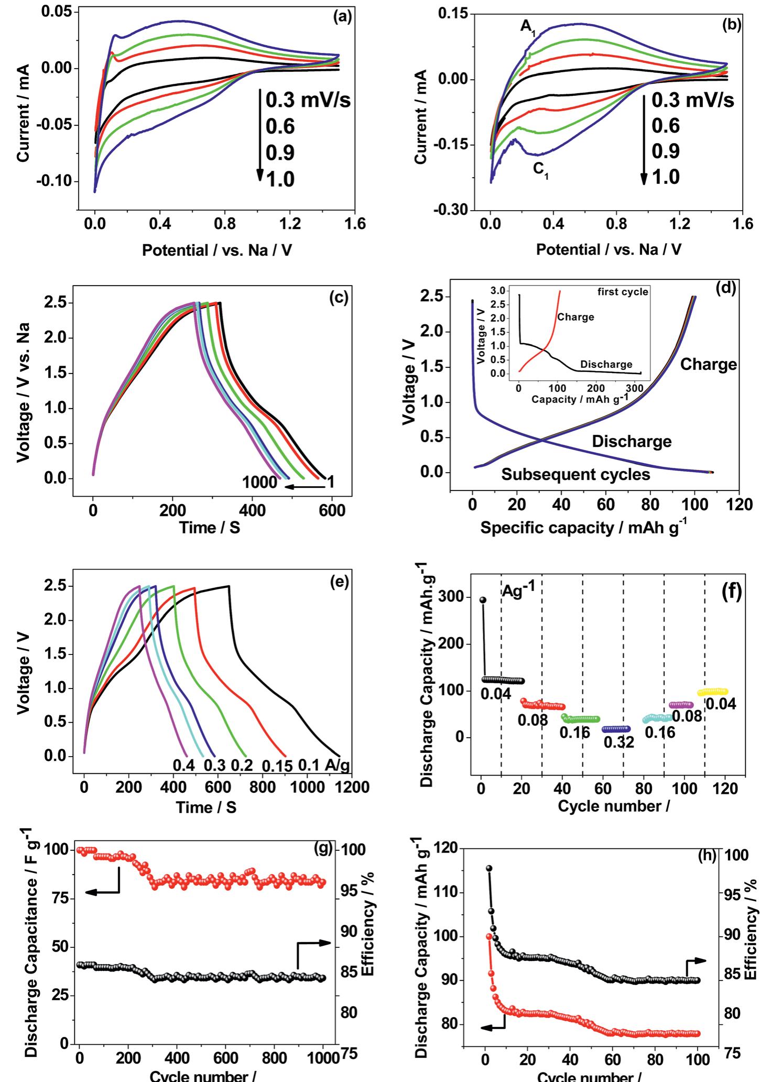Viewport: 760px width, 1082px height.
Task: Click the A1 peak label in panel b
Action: click(x=528, y=27)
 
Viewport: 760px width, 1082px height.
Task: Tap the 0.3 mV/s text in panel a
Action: click(x=308, y=100)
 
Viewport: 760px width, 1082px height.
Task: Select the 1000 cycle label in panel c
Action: click(x=259, y=482)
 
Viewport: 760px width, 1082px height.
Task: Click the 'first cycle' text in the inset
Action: click(x=623, y=291)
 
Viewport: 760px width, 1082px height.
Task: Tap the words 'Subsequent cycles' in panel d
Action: click(x=576, y=474)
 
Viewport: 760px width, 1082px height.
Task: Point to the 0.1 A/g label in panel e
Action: click(x=324, y=766)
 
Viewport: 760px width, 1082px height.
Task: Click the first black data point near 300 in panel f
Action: click(x=483, y=600)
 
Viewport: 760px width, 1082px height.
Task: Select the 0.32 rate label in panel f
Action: click(x=618, y=742)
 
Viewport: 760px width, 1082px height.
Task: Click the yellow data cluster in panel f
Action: click(x=712, y=692)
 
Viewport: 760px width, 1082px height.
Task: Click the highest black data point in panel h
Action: click(x=489, y=868)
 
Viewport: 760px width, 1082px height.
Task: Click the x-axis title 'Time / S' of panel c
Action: click(x=210, y=527)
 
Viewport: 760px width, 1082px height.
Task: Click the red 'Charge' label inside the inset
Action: click(x=576, y=317)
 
